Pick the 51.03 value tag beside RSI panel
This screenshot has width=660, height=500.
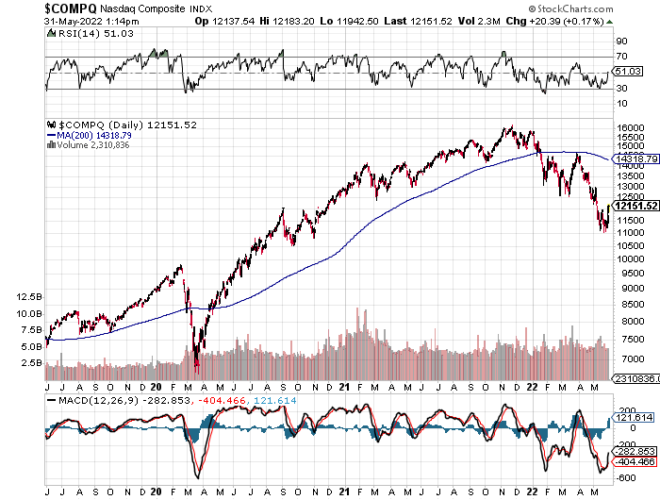pyautogui.click(x=626, y=72)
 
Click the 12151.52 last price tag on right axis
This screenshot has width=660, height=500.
pyautogui.click(x=634, y=206)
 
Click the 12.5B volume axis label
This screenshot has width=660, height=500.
pyautogui.click(x=29, y=296)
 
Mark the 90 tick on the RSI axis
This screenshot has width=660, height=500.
pyautogui.click(x=620, y=42)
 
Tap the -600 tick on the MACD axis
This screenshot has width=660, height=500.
pyautogui.click(x=626, y=478)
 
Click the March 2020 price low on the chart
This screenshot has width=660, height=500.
pyautogui.click(x=197, y=366)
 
